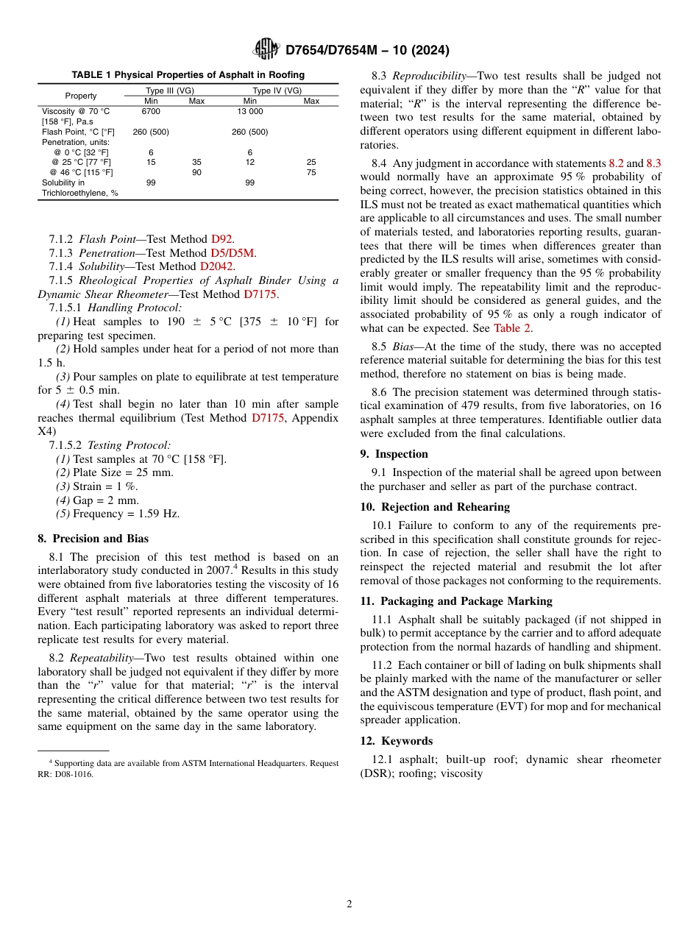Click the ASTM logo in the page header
(266, 49)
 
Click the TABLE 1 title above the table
(188, 75)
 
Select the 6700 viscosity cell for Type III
(151, 111)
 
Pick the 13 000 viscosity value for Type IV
(249, 111)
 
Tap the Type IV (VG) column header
(277, 91)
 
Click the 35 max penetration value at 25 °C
(196, 162)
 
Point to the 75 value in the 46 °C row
(311, 172)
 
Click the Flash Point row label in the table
(78, 132)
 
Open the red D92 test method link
(221, 239)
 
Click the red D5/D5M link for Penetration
(233, 253)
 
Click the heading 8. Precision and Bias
(93, 539)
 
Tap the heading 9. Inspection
(394, 454)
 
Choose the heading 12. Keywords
(396, 741)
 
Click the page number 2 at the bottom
(349, 904)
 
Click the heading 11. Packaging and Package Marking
(456, 601)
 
